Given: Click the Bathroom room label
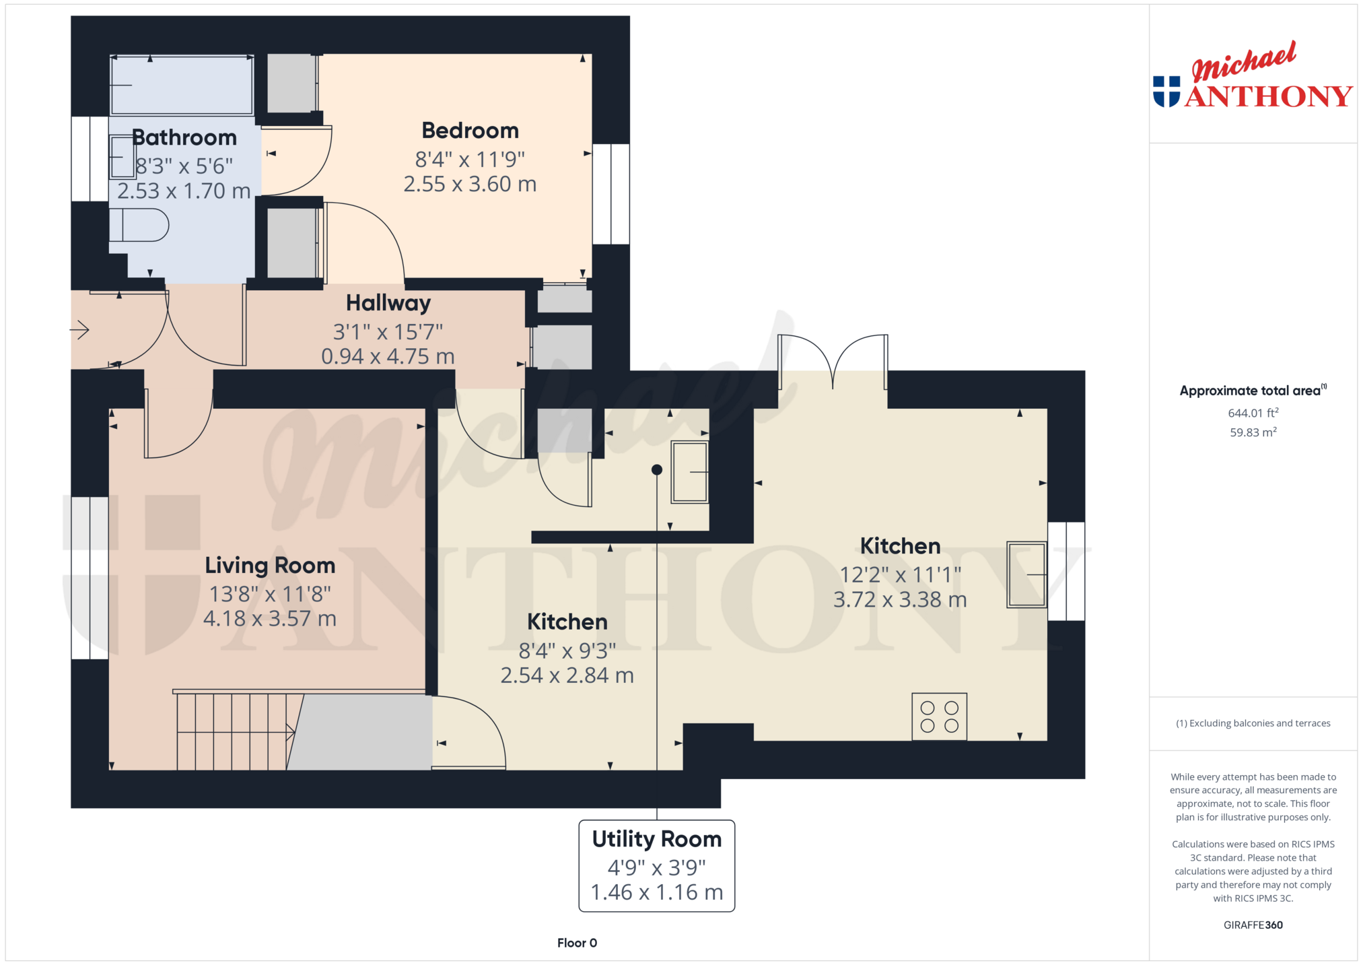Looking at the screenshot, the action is click(x=184, y=137).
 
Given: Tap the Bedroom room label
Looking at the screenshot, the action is click(x=470, y=130).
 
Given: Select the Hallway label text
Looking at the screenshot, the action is click(x=388, y=304).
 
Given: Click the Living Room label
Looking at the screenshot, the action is click(x=270, y=565).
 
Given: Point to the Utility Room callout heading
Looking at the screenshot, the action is click(x=657, y=839).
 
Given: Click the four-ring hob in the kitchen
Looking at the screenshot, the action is click(x=939, y=717).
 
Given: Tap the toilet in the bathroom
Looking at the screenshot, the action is click(x=139, y=225).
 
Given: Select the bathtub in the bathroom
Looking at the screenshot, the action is click(x=182, y=85).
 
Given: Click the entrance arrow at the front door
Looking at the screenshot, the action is click(x=79, y=330).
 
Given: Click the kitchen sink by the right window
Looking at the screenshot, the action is click(x=1026, y=574).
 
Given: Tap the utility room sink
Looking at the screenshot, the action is click(x=690, y=472).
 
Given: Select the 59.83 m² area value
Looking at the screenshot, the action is click(x=1253, y=432).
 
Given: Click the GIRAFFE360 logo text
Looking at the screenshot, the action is click(x=1253, y=925).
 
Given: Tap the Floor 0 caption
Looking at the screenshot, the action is click(x=577, y=943).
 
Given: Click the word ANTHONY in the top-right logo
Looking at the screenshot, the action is click(x=1269, y=96).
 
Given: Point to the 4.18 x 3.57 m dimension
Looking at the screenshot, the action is click(x=270, y=618).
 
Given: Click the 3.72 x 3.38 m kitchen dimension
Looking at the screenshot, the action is click(x=900, y=599).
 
